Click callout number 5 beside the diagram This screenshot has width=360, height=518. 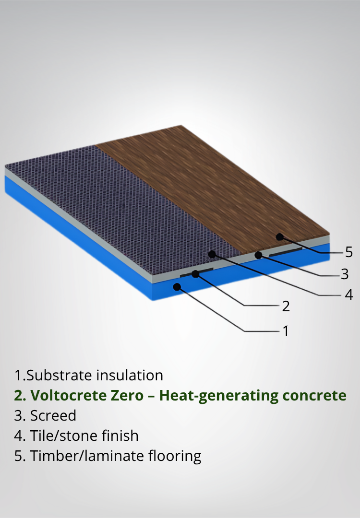pyautogui.click(x=348, y=252)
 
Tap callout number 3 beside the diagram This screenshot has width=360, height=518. pyautogui.click(x=345, y=274)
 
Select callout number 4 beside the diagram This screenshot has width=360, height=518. pyautogui.click(x=349, y=294)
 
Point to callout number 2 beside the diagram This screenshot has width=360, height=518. pyautogui.click(x=286, y=306)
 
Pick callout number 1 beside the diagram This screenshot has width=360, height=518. pyautogui.click(x=286, y=330)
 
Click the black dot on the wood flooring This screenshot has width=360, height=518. pyautogui.click(x=279, y=236)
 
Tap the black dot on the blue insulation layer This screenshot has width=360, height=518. pyautogui.click(x=177, y=286)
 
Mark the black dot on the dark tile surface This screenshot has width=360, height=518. pyautogui.click(x=212, y=254)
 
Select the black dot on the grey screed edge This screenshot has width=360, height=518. pyautogui.click(x=259, y=255)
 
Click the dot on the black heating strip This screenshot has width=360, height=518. pyautogui.click(x=195, y=274)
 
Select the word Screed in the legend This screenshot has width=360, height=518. pyautogui.click(x=53, y=415)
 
